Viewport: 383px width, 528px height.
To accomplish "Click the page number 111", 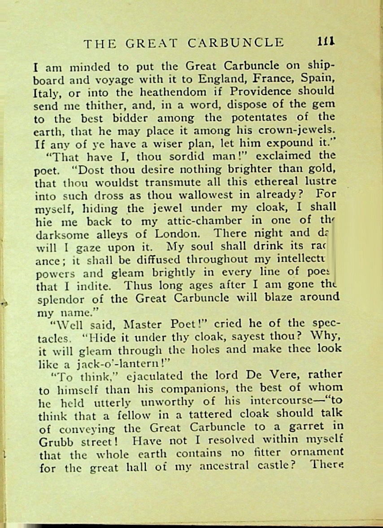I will (x=326, y=42).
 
